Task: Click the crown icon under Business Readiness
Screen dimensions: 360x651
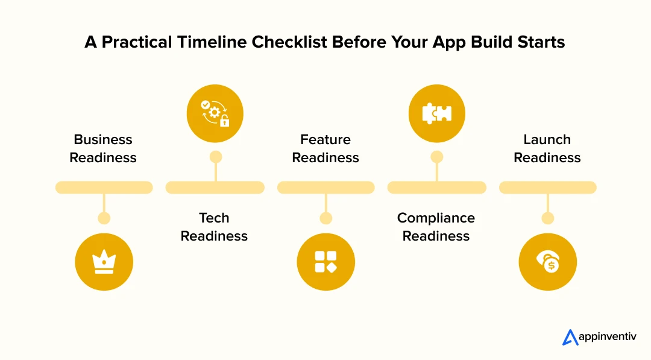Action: click(104, 262)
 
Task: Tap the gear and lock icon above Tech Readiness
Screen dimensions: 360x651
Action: click(215, 113)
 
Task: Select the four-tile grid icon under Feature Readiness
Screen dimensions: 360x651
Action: click(325, 262)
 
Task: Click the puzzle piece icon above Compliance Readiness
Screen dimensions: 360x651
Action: click(436, 113)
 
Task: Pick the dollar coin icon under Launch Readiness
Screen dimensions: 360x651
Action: click(547, 262)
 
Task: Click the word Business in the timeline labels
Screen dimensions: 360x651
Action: click(103, 139)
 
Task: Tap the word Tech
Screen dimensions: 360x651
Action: click(214, 218)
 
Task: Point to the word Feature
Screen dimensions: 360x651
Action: click(325, 139)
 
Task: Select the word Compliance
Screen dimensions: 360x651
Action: click(436, 218)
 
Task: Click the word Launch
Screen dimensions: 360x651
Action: click(547, 139)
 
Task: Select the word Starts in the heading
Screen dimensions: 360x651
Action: click(537, 42)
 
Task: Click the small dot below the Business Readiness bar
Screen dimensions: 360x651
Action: click(104, 218)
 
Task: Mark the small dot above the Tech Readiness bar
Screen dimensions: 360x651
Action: click(215, 157)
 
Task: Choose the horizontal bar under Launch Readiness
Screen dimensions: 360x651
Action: click(547, 188)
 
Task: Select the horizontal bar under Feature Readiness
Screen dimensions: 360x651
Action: click(325, 188)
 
